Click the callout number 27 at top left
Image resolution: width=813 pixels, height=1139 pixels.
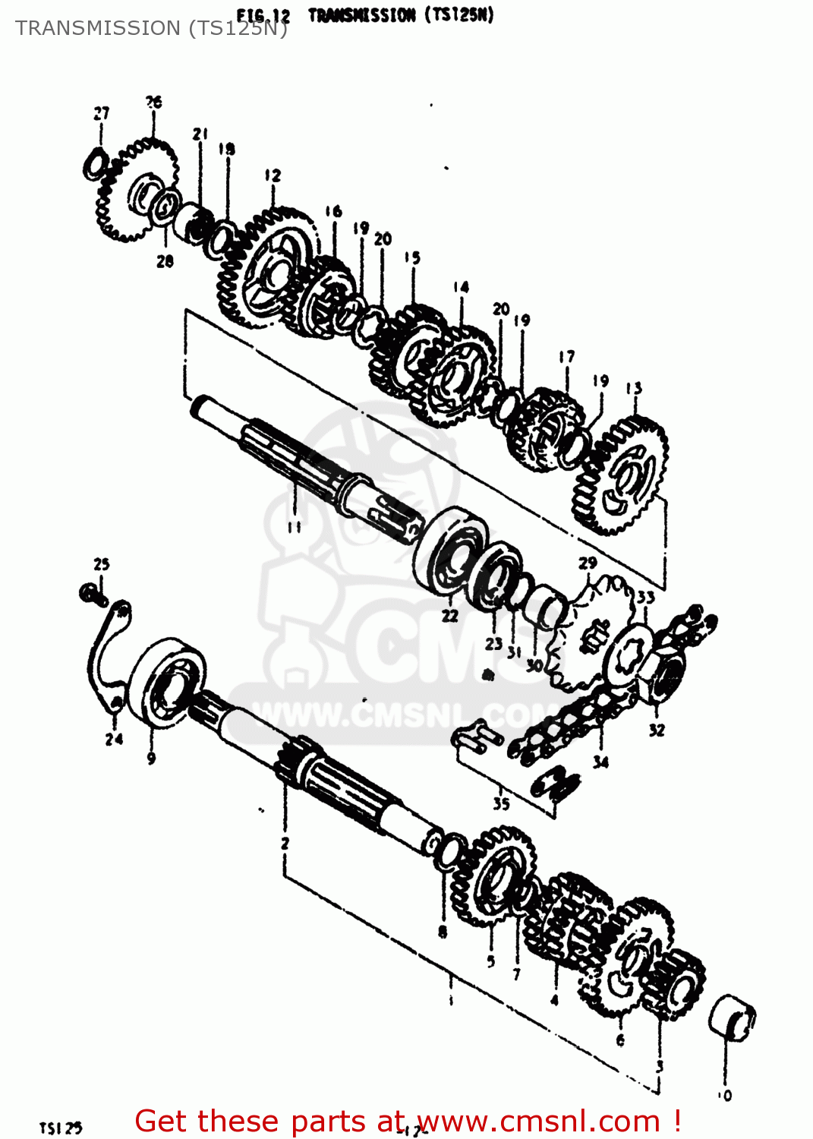pyautogui.click(x=102, y=113)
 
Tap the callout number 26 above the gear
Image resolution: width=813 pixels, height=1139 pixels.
pyautogui.click(x=153, y=102)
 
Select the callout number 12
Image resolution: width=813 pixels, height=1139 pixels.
pyautogui.click(x=273, y=175)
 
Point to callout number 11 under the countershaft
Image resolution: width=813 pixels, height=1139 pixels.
pyautogui.click(x=295, y=526)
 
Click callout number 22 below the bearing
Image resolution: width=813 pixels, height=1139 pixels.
pyautogui.click(x=450, y=615)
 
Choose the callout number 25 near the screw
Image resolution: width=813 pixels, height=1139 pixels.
pyautogui.click(x=102, y=564)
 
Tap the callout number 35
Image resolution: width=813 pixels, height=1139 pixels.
pyautogui.click(x=501, y=803)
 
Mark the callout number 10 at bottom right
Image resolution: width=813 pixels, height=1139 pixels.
pyautogui.click(x=725, y=1095)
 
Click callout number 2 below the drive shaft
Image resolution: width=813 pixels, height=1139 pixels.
pyautogui.click(x=285, y=843)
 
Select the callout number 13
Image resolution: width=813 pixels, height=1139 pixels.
pyautogui.click(x=634, y=388)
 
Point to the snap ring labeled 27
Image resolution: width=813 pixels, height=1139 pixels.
pyautogui.click(x=95, y=164)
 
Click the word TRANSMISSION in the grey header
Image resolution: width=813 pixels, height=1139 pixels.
pyautogui.click(x=97, y=28)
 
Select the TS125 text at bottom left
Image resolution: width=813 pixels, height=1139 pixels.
pyautogui.click(x=61, y=1128)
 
